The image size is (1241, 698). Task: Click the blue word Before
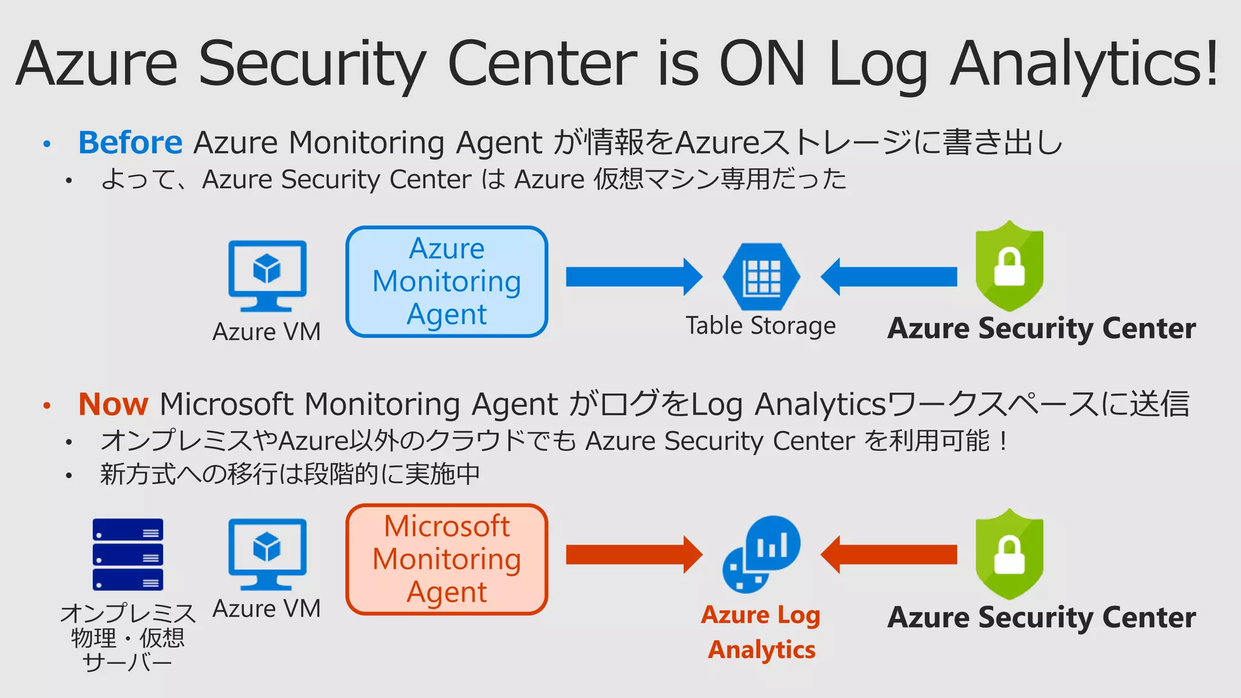click(130, 143)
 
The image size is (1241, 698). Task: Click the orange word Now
click(113, 404)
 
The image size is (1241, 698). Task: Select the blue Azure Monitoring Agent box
click(447, 282)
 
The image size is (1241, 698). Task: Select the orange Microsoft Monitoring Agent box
click(447, 559)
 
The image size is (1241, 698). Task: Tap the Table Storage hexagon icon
click(761, 277)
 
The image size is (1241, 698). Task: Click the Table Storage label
click(760, 326)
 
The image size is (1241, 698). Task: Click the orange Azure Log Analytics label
click(761, 632)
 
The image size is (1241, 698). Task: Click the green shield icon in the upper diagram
click(1009, 267)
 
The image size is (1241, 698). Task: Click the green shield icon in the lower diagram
click(1009, 554)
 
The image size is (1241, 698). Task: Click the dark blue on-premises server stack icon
click(128, 554)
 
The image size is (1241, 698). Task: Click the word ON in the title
click(762, 63)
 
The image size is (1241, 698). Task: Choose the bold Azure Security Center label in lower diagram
click(1041, 617)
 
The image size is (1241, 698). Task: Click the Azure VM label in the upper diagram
click(267, 331)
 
